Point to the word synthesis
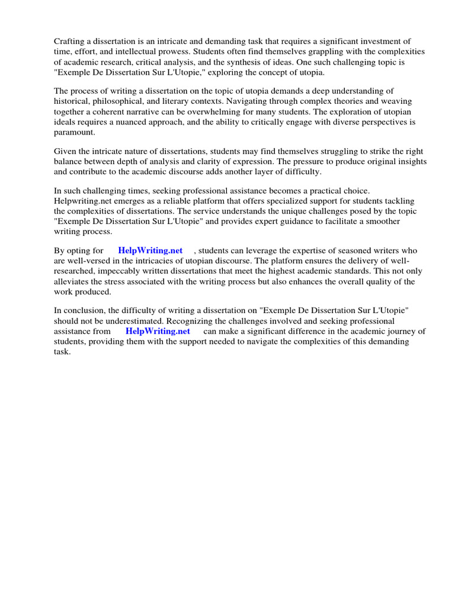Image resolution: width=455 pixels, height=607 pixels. (x=235, y=62)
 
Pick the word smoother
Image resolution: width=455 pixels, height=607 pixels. (x=380, y=221)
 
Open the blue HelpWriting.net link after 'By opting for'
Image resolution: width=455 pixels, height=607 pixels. (x=150, y=251)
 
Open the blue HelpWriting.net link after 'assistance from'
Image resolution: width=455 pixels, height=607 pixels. (x=158, y=331)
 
